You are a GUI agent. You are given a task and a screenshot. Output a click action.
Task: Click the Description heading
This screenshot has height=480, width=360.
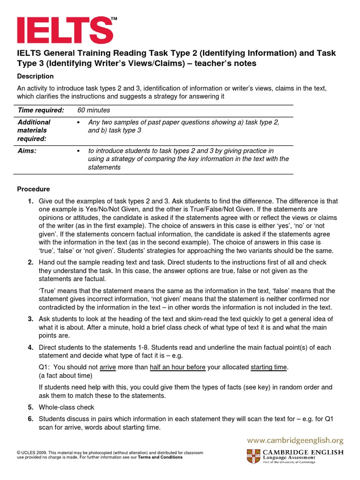(35, 76)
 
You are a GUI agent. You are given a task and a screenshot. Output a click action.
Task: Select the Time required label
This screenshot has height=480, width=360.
(40, 110)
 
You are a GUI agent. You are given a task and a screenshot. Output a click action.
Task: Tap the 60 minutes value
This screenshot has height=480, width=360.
(94, 110)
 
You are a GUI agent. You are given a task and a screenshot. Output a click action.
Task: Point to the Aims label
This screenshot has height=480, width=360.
(27, 151)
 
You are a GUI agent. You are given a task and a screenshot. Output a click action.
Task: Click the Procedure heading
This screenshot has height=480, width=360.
(33, 189)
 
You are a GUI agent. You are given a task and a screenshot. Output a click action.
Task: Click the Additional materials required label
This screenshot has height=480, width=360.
(34, 130)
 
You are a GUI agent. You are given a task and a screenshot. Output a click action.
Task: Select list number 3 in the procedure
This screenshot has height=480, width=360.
(30, 319)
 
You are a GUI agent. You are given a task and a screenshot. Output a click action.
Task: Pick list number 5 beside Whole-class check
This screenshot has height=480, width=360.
(30, 407)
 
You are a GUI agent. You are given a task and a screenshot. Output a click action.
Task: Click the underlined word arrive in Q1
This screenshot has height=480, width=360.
(108, 367)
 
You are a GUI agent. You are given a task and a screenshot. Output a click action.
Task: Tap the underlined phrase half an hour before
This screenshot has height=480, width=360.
(178, 367)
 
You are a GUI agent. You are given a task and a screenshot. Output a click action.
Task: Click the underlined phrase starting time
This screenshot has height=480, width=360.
(269, 367)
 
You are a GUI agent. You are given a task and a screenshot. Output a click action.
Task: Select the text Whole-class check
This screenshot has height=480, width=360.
(67, 407)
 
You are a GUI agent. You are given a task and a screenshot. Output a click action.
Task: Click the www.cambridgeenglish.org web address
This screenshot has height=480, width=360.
(295, 440)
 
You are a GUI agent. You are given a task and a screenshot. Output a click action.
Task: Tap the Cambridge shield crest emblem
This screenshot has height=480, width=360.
(253, 456)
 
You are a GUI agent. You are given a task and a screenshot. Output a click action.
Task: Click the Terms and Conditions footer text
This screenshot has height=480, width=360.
(160, 457)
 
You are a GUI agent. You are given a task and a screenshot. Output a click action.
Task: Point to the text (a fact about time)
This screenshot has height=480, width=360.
(66, 376)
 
